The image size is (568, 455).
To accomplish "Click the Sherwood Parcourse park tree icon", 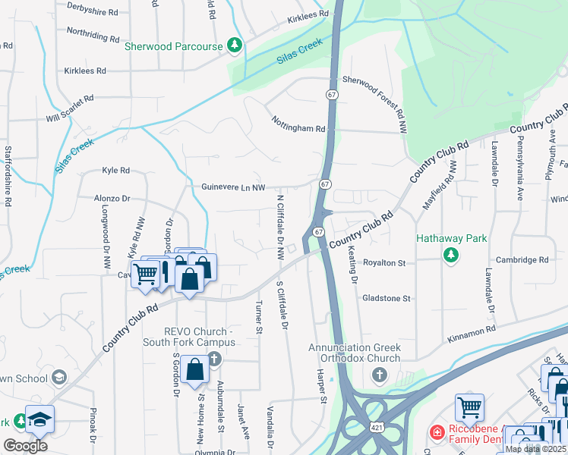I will click(x=235, y=46).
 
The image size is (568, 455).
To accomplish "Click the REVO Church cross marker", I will click(x=214, y=358).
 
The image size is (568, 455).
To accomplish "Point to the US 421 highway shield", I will click(x=377, y=428).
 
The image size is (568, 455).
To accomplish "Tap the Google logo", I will click(x=26, y=446).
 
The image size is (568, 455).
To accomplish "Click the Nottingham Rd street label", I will click(x=298, y=129).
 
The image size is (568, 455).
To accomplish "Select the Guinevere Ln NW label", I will click(x=233, y=187).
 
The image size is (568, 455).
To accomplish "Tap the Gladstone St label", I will click(x=386, y=299).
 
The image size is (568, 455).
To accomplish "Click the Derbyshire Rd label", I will click(x=93, y=13).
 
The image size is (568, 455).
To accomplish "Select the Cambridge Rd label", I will click(x=522, y=259).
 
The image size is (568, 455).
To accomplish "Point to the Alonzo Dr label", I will click(x=112, y=198).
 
